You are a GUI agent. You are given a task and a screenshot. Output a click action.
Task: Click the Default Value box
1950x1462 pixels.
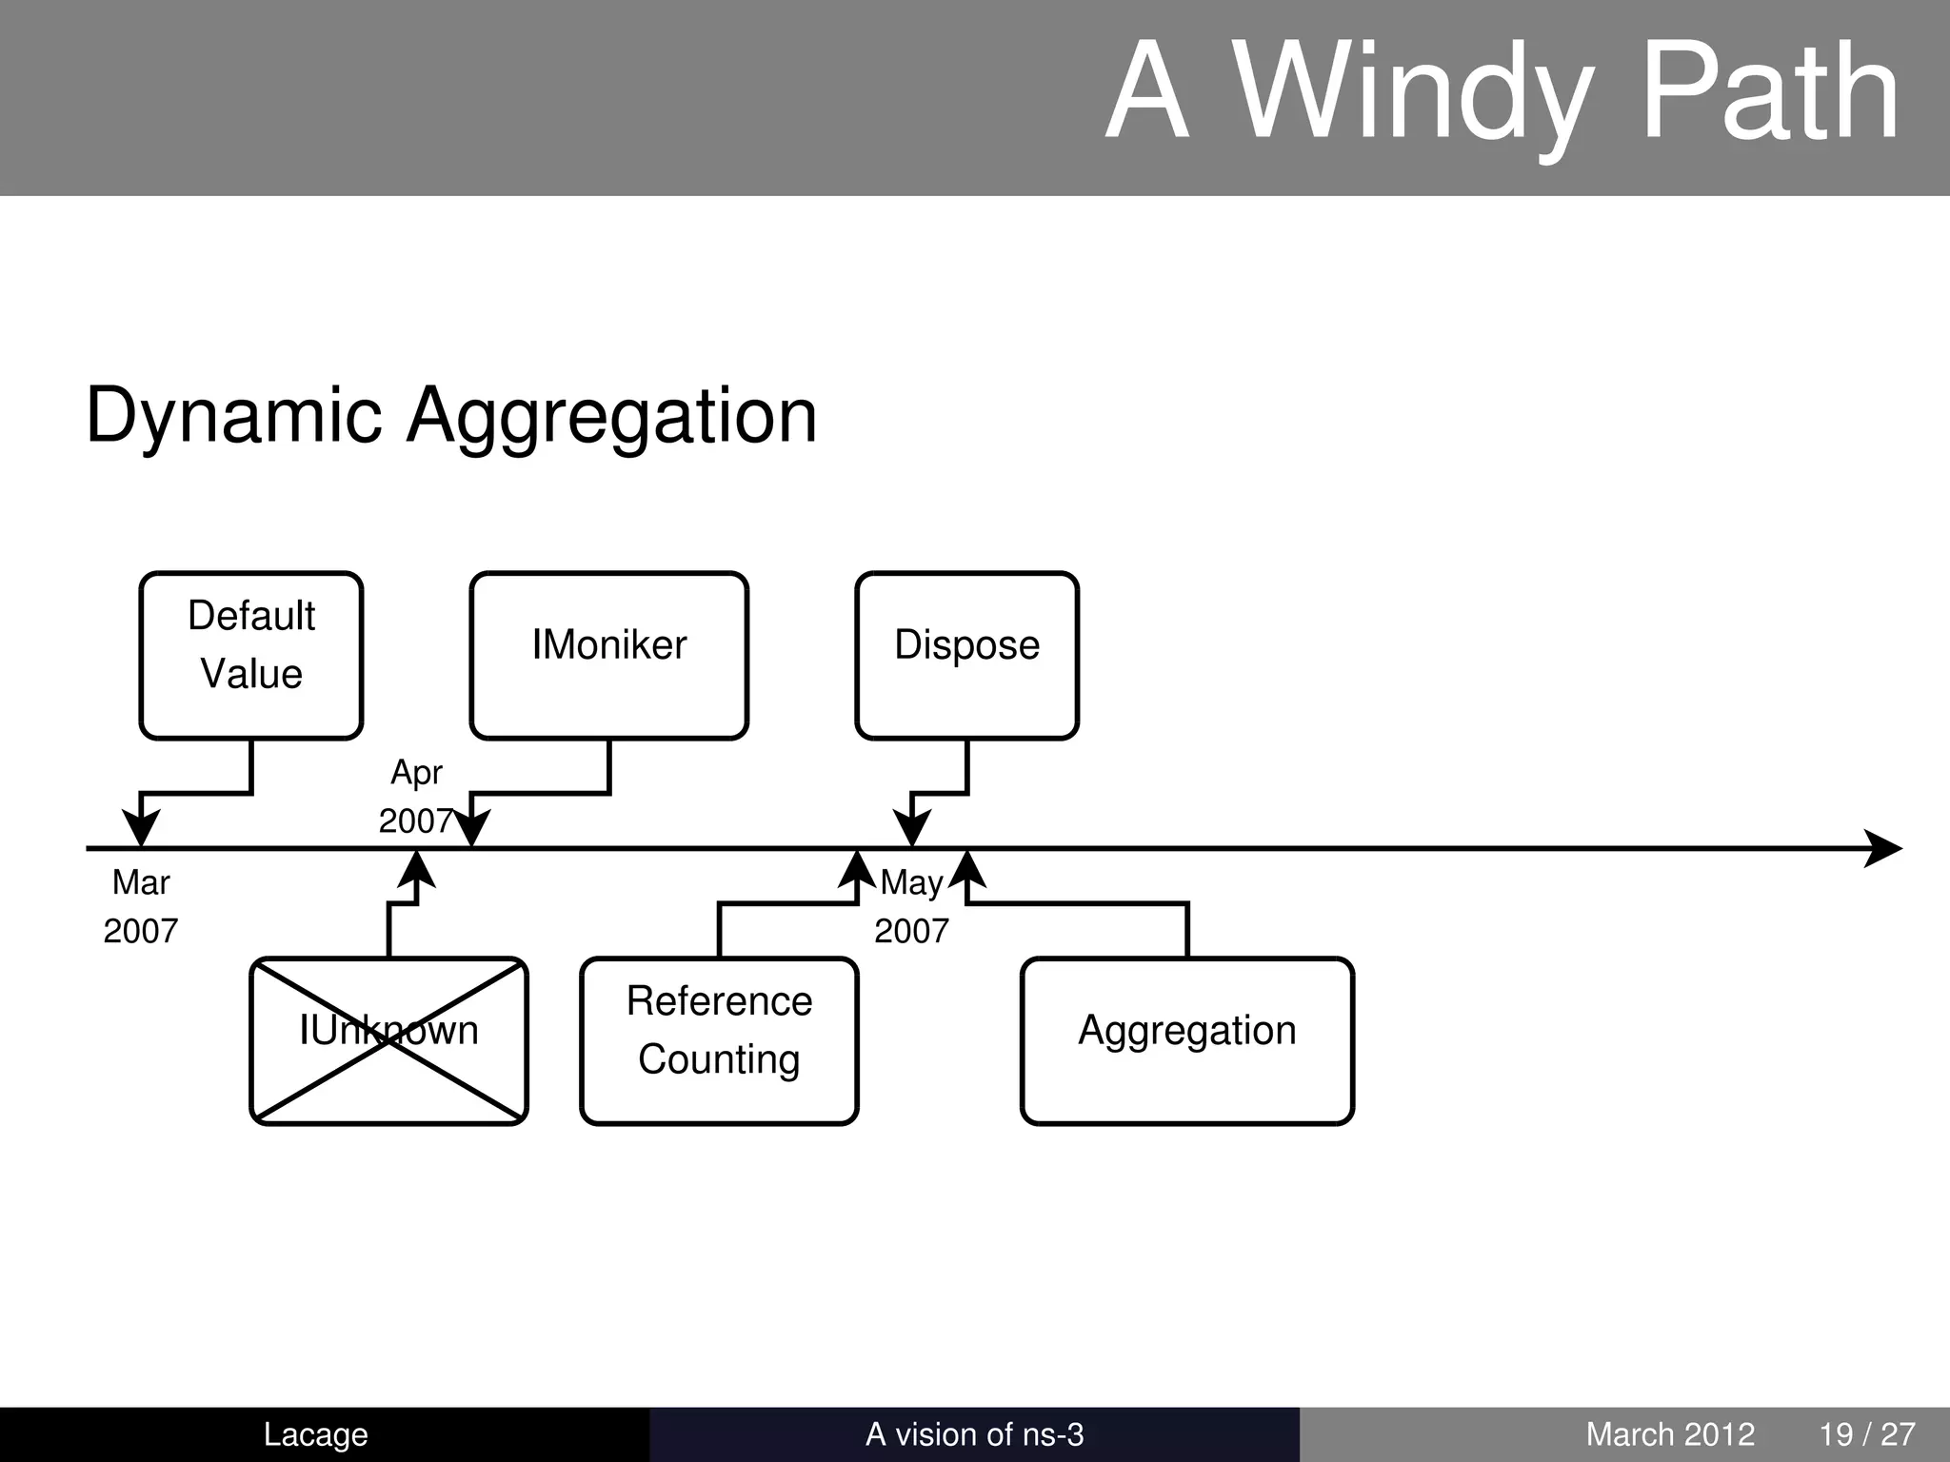pos(251,655)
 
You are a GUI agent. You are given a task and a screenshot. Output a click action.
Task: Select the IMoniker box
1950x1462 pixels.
pos(608,655)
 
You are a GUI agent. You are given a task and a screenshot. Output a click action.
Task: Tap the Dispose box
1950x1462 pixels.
pos(966,655)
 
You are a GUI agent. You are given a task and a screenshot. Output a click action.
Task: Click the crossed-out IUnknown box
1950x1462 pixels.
pos(388,1040)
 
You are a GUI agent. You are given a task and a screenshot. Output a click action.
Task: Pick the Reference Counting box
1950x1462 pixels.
pos(719,1040)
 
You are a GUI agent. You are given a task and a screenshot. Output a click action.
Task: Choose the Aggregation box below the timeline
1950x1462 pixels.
pos(1186,1040)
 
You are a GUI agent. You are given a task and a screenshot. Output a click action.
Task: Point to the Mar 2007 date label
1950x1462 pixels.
pos(141,906)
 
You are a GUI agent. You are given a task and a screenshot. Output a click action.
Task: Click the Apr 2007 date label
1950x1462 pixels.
pos(416,797)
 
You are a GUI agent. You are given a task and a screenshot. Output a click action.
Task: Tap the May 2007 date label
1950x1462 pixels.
pos(911,906)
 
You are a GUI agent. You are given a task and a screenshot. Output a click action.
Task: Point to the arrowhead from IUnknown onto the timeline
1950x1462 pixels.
pos(416,870)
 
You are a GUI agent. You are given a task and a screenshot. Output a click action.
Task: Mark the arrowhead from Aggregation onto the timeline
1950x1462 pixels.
pos(967,870)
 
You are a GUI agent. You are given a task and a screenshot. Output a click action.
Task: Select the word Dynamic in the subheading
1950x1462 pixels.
pos(233,416)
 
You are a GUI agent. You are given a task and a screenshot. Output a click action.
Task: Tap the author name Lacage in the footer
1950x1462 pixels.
pos(315,1434)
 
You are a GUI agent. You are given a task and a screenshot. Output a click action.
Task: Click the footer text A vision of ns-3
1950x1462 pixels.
pos(974,1434)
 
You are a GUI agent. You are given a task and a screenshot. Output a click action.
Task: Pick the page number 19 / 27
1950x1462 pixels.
pos(1866,1434)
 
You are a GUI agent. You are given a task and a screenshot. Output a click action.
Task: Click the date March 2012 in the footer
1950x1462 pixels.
pos(1670,1434)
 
